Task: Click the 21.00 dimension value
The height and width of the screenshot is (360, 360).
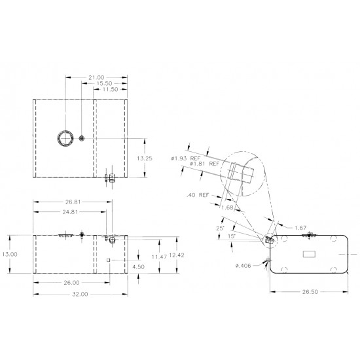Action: (x=97, y=77)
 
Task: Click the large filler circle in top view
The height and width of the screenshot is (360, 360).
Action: (x=65, y=137)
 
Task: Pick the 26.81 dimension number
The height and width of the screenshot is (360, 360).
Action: (x=72, y=202)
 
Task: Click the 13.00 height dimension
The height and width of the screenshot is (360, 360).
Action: (x=10, y=254)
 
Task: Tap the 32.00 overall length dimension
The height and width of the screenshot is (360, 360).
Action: (x=80, y=295)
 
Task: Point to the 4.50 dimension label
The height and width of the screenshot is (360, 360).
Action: (x=138, y=266)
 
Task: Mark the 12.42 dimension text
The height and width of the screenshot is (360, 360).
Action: (x=175, y=254)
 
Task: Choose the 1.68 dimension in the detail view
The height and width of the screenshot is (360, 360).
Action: (x=228, y=207)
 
